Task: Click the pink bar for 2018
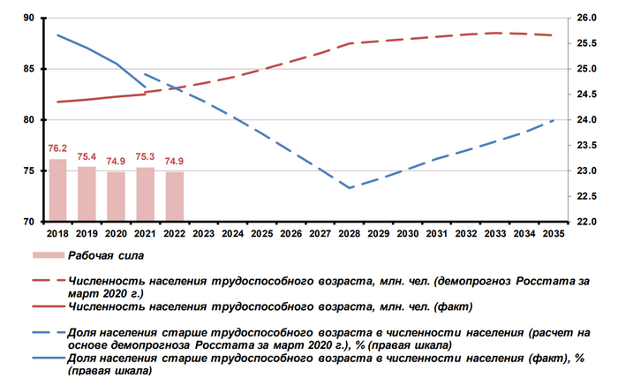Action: click(x=57, y=190)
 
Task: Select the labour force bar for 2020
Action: click(x=116, y=196)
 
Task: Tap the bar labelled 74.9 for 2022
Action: click(x=175, y=196)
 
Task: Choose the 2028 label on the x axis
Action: click(x=350, y=234)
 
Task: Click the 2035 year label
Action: click(x=554, y=234)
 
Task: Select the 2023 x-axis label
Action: click(x=204, y=234)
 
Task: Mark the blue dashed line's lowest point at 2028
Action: click(x=350, y=188)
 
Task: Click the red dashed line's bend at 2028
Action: click(x=350, y=42)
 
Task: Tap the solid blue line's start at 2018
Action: click(x=57, y=35)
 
